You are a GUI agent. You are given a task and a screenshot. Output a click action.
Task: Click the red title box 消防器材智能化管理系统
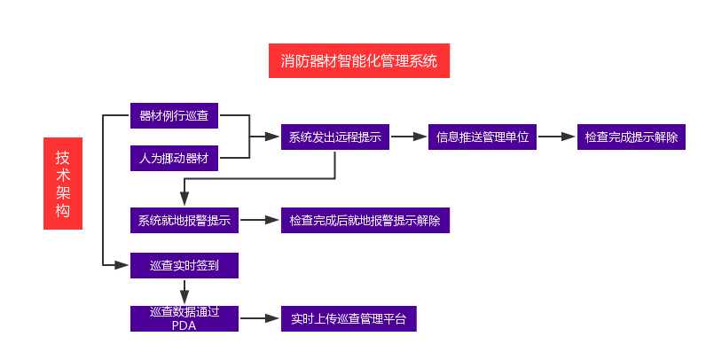pos(359,60)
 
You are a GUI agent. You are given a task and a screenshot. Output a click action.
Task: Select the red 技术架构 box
pos(62,184)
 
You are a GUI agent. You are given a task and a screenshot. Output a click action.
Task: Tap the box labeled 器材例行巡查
pos(174,115)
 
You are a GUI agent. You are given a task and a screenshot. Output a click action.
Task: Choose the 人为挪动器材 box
pos(174,159)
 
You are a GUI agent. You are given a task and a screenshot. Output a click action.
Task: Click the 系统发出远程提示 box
pos(334,137)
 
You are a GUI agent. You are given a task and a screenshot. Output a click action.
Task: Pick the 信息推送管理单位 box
pos(482,137)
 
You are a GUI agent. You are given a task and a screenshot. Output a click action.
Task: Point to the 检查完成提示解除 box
pos(631,137)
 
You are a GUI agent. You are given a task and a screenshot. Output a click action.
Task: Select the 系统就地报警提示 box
pos(184,220)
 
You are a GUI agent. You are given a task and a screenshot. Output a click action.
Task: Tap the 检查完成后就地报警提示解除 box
pos(365,220)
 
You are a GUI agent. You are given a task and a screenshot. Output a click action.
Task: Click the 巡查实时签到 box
pos(184,265)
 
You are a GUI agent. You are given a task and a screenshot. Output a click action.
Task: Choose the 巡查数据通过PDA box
pos(184,318)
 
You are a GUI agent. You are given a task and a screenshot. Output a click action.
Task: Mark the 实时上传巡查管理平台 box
pos(348,318)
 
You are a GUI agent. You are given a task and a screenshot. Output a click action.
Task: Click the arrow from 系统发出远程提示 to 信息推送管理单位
pos(408,137)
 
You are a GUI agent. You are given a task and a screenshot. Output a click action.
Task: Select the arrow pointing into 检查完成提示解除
pos(556,137)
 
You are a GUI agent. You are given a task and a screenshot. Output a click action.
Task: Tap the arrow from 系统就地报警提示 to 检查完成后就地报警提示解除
pos(260,220)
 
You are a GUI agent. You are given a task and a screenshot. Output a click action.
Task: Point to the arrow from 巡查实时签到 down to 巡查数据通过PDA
pos(184,293)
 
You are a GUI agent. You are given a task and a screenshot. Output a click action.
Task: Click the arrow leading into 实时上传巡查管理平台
pos(260,318)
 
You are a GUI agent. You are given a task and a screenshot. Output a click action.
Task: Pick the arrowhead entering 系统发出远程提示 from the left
pos(271,137)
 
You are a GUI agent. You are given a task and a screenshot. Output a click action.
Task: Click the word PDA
pos(184,325)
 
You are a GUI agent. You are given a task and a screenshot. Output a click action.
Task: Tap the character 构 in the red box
pos(62,210)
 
